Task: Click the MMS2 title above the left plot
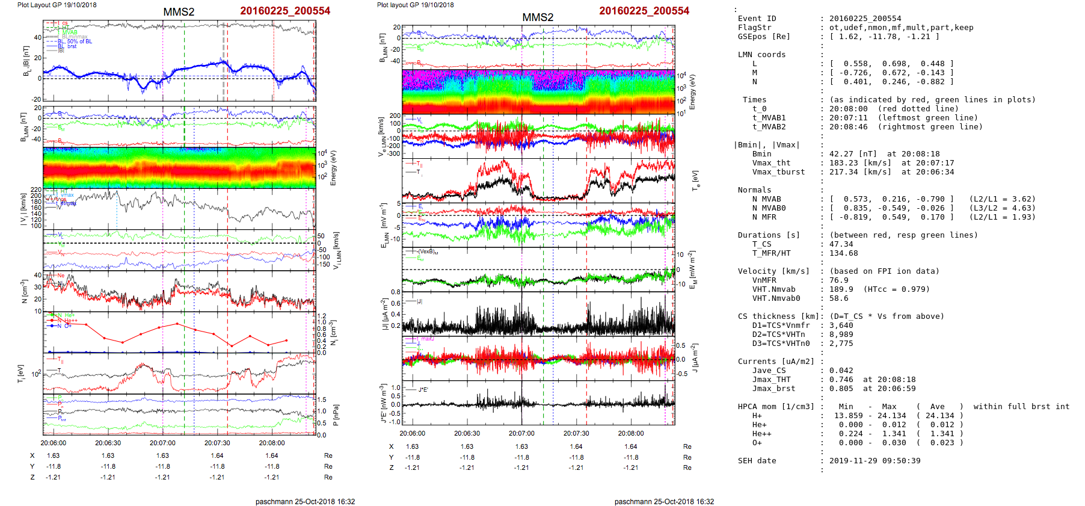coord(179,12)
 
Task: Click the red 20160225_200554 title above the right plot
coord(644,11)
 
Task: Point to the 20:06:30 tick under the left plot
coord(108,443)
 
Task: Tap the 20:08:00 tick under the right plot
coord(631,433)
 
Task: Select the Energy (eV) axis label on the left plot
coord(334,168)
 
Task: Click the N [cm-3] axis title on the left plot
coord(25,291)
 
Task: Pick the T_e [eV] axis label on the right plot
coord(696,180)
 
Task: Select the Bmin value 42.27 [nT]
coord(853,154)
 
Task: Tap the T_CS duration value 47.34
coord(841,244)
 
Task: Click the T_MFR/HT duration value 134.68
coord(843,253)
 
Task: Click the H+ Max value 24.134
coord(891,416)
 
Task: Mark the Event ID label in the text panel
coord(757,19)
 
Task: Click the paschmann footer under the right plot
coord(664,501)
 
